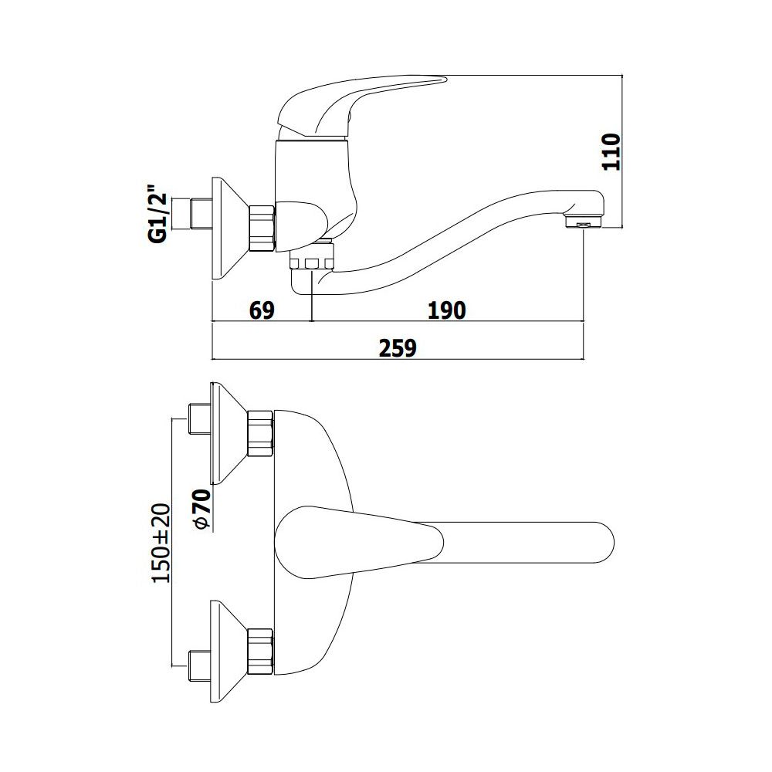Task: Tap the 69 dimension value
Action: click(262, 310)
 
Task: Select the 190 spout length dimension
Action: click(446, 310)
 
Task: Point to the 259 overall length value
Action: click(398, 348)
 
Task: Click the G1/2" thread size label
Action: click(157, 213)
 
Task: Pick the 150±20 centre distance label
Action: click(161, 543)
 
